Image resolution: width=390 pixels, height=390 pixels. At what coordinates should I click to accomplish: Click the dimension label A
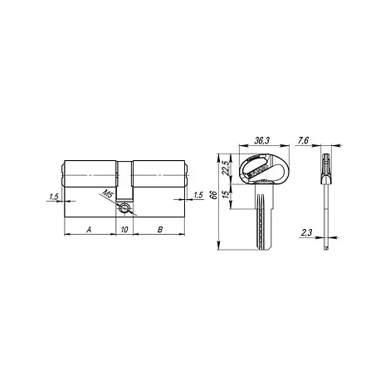[89, 229]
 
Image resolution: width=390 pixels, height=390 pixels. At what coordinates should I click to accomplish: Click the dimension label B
[160, 229]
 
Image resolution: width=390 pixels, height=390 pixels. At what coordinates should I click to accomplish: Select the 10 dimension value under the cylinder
[124, 229]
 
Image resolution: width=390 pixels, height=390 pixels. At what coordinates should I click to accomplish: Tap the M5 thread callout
[108, 193]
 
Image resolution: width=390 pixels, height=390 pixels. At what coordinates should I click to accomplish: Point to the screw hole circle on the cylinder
[124, 208]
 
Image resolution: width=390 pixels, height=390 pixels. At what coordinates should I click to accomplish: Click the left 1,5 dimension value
[54, 197]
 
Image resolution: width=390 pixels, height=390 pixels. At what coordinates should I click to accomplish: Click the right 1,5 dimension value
[198, 195]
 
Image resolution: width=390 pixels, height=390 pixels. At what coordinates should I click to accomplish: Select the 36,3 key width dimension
[261, 141]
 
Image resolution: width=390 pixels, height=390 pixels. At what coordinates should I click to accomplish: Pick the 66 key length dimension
[213, 194]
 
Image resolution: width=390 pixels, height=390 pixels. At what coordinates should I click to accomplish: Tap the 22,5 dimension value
[226, 168]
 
